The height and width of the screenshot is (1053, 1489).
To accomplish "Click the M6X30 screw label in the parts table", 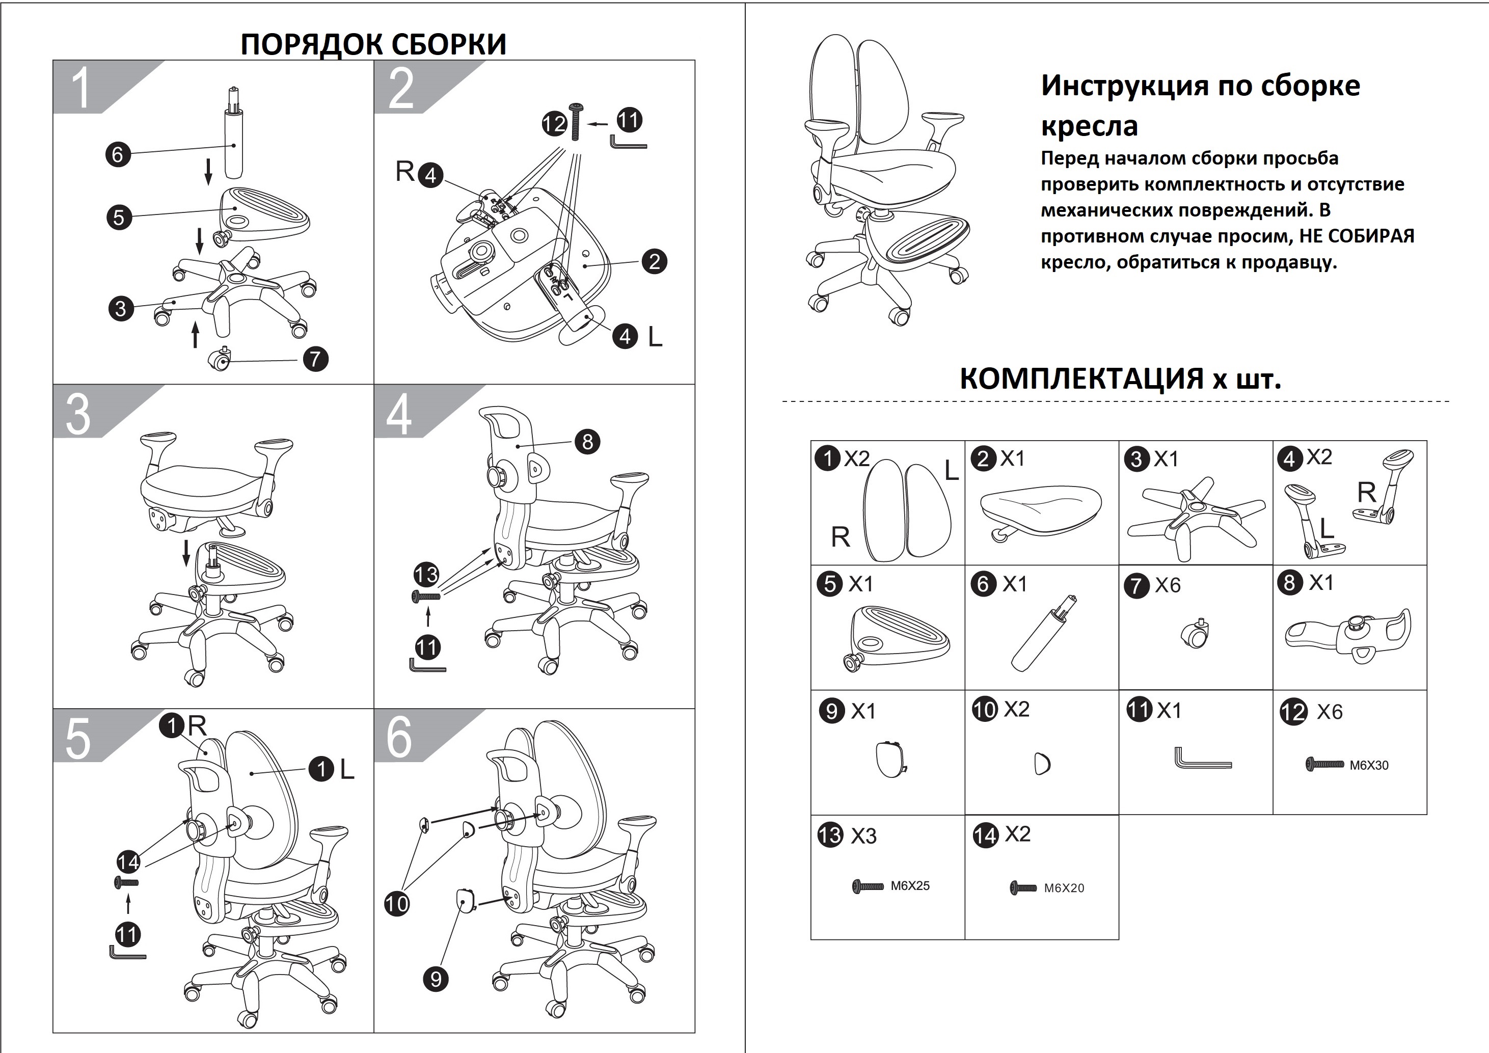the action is [1369, 765].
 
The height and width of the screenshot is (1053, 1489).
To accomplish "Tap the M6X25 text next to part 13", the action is [910, 886].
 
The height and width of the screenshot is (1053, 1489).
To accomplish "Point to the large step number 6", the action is [399, 737].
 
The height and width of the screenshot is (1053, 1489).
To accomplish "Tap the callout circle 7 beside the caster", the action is [315, 359].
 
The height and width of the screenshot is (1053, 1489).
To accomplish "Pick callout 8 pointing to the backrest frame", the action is [587, 442].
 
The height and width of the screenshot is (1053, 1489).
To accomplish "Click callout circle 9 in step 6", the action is [435, 979].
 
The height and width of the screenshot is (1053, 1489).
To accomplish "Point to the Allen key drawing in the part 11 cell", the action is [1202, 758].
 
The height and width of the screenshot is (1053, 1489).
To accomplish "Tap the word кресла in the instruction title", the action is [1090, 126].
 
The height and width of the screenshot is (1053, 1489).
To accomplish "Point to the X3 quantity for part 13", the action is [863, 836].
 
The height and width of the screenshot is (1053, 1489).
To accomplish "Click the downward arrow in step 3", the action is [186, 552].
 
